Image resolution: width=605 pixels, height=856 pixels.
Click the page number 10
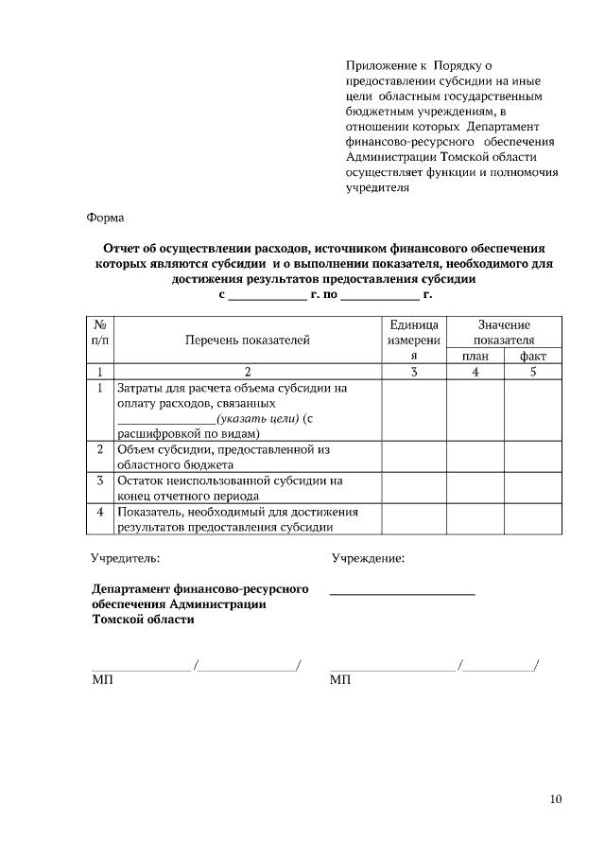click(x=555, y=799)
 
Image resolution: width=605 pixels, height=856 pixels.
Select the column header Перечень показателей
click(x=247, y=341)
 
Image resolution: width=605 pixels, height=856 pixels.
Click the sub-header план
click(x=475, y=356)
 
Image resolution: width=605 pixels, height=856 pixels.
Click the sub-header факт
click(x=532, y=356)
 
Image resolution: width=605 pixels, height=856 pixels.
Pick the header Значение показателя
click(x=504, y=332)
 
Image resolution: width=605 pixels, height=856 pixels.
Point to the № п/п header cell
click(x=99, y=332)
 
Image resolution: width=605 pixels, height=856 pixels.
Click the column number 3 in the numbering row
click(x=413, y=372)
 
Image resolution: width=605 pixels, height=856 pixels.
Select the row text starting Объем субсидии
click(x=222, y=457)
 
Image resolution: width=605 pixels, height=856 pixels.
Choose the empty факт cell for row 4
click(x=532, y=518)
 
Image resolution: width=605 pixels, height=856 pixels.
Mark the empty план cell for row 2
click(x=475, y=457)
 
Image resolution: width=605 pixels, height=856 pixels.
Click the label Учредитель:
click(x=125, y=559)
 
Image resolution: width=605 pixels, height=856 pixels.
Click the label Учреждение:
click(x=368, y=559)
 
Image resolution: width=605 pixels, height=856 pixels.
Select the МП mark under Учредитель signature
click(x=101, y=680)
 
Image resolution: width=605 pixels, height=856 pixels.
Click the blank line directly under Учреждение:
click(x=402, y=592)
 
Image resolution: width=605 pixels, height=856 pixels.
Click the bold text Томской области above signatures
click(x=144, y=620)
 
